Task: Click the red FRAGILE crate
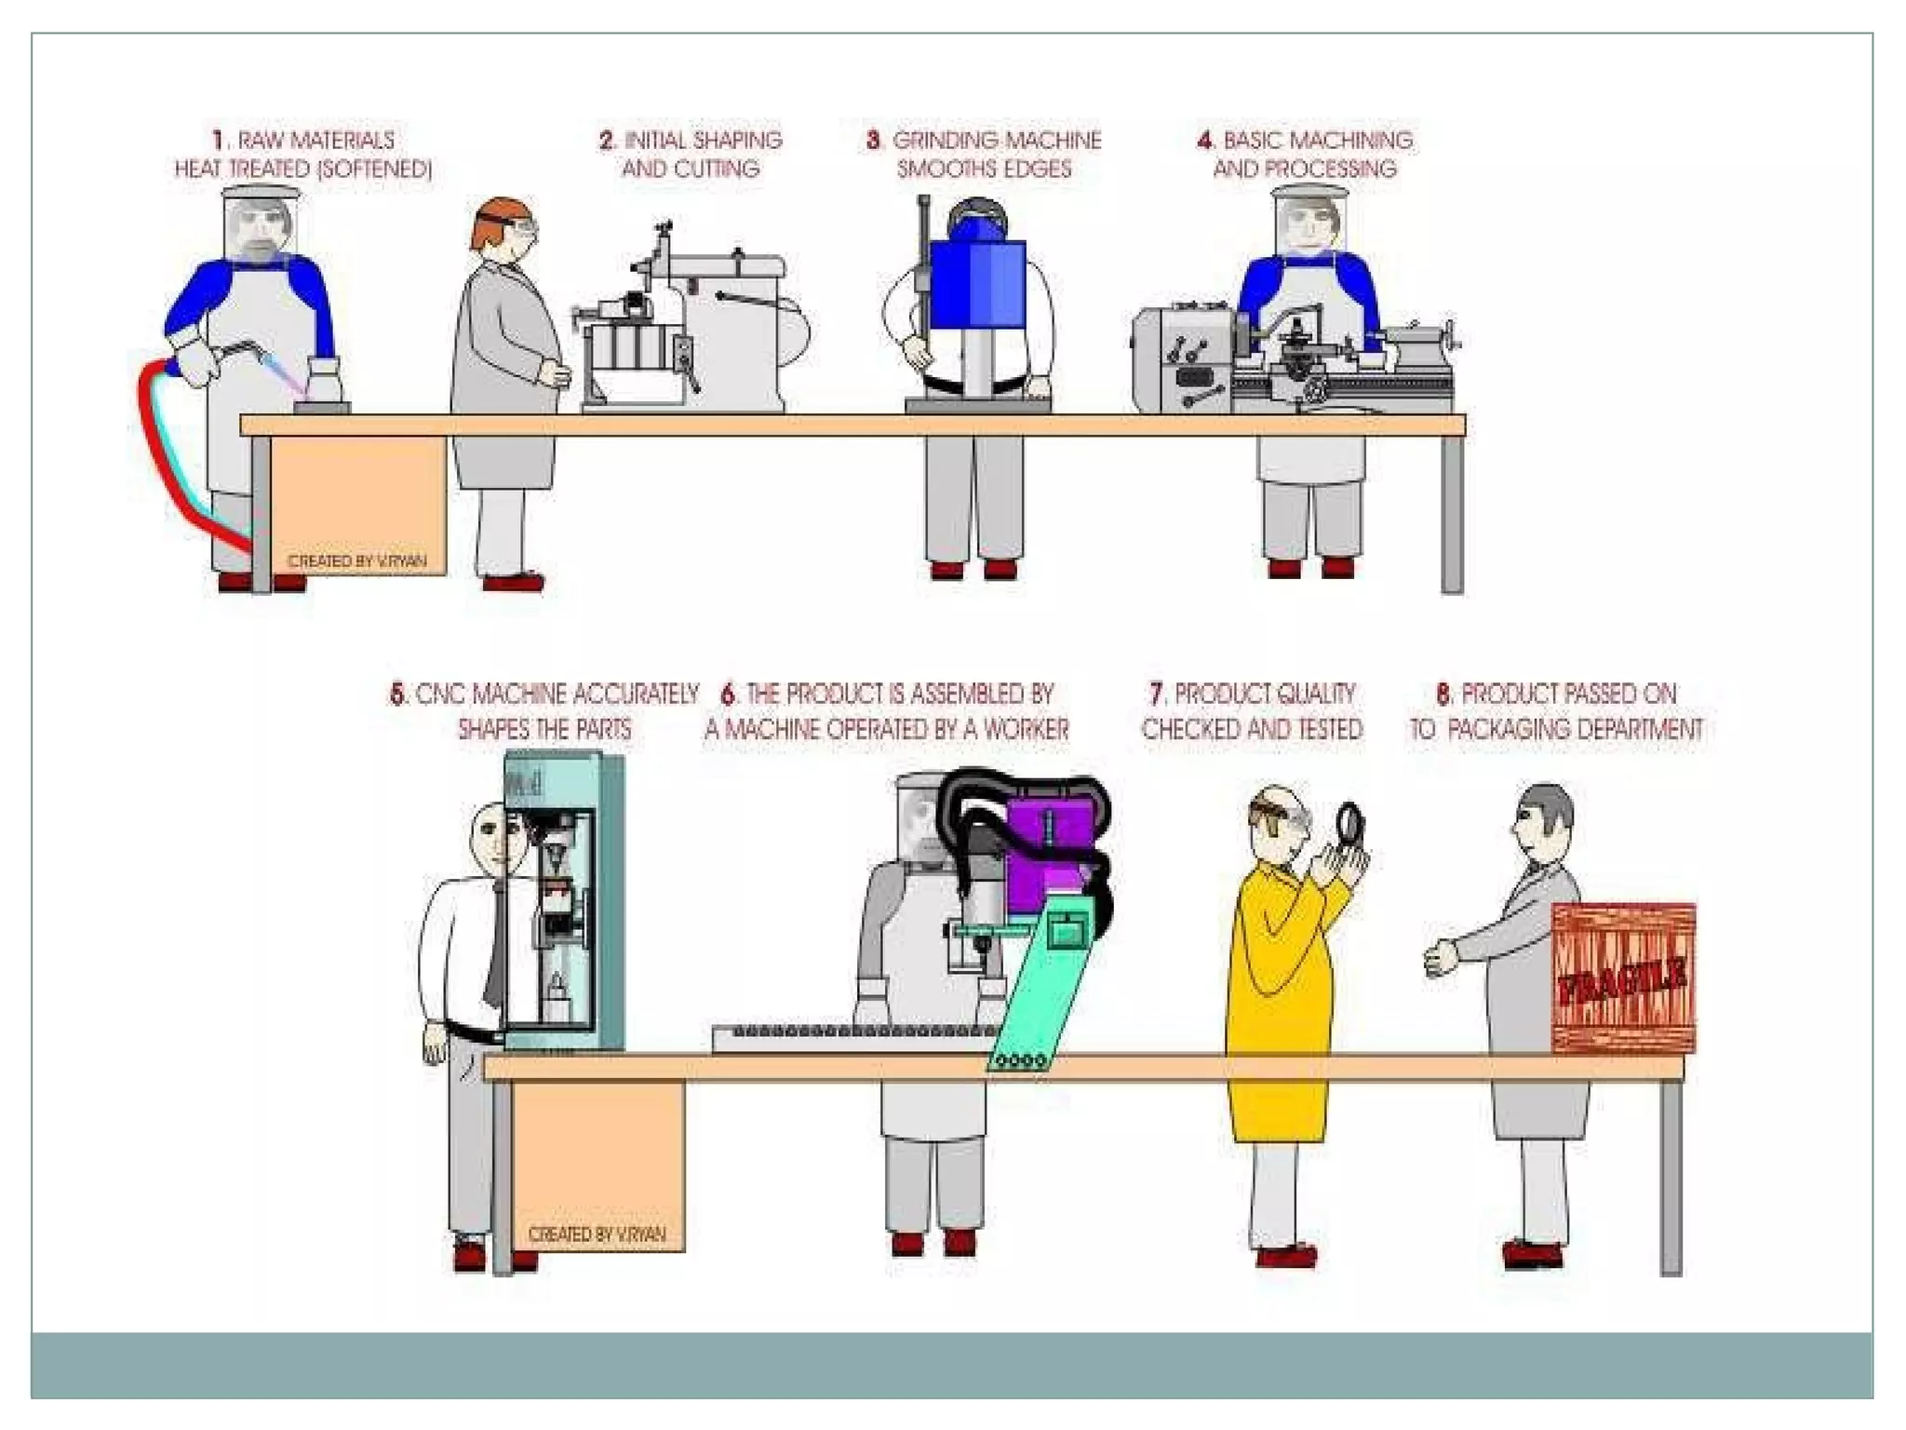pyautogui.click(x=1623, y=978)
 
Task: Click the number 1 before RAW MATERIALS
pyautogui.click(x=219, y=141)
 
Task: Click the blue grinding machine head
pyautogui.click(x=977, y=284)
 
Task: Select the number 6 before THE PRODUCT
pyautogui.click(x=729, y=695)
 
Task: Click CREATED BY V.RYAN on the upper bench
pyautogui.click(x=356, y=561)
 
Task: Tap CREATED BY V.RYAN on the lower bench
pyautogui.click(x=597, y=1234)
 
